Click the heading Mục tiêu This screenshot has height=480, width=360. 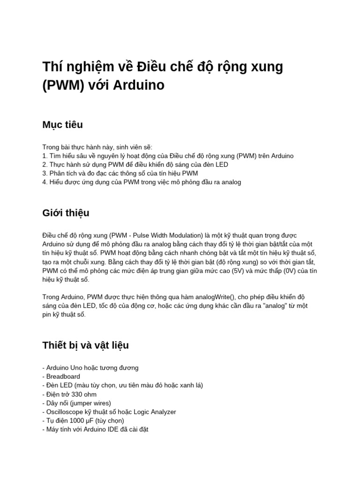point(62,125)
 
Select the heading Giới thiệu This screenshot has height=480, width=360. point(66,213)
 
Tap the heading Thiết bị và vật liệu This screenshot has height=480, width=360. point(85,345)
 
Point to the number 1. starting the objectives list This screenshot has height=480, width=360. point(45,156)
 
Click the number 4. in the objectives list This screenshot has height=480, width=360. point(45,182)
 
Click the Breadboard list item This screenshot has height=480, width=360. point(63,376)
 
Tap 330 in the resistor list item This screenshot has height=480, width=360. point(78,394)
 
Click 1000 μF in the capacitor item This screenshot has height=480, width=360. point(82,420)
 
